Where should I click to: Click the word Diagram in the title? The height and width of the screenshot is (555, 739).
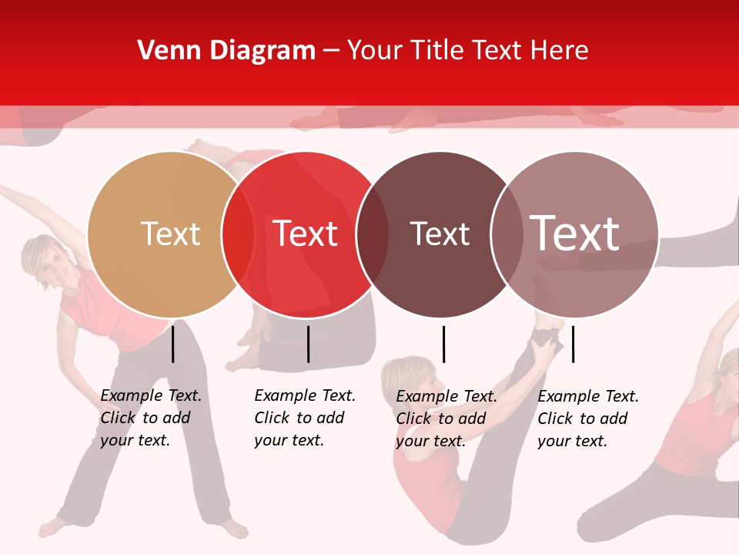click(x=262, y=51)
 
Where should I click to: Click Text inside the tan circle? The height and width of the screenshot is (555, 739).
click(x=170, y=234)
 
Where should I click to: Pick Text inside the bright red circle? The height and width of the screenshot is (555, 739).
click(x=305, y=234)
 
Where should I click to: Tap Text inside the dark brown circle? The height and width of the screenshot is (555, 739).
click(x=440, y=234)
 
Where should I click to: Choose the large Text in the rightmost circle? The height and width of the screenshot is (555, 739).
click(x=574, y=233)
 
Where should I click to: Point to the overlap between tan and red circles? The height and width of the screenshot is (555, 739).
click(x=238, y=234)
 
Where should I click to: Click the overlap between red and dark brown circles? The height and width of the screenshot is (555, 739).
click(x=373, y=234)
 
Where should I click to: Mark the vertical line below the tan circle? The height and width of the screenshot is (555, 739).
click(x=173, y=344)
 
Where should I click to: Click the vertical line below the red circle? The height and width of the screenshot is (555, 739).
click(x=308, y=344)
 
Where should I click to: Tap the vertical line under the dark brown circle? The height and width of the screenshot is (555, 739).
click(x=443, y=344)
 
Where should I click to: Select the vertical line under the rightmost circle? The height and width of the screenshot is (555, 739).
click(x=573, y=344)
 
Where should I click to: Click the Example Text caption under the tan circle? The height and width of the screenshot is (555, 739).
click(x=150, y=418)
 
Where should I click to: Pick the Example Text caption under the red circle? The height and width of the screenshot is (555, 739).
click(x=304, y=418)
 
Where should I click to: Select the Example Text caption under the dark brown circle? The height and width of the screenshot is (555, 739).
click(x=446, y=419)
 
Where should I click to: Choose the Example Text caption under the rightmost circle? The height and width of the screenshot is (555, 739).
click(x=587, y=419)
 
